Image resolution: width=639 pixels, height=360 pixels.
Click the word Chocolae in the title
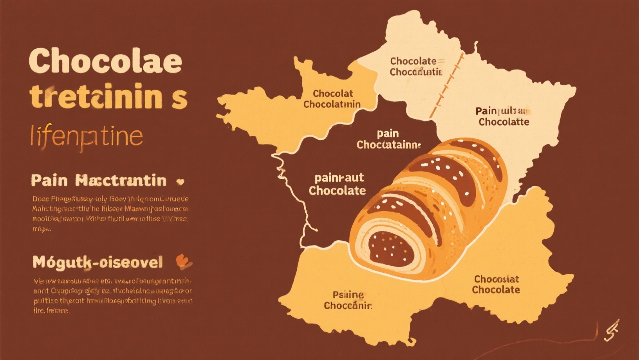[105, 61]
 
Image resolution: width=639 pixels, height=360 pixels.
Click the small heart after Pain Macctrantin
[181, 182]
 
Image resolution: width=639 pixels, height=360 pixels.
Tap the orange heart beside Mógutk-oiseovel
[183, 261]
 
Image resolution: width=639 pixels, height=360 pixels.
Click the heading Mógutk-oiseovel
[97, 262]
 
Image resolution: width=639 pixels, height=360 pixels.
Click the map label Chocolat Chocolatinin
[332, 99]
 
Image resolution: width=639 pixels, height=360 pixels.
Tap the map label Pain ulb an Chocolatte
[504, 116]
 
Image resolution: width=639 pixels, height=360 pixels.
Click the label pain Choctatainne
[388, 139]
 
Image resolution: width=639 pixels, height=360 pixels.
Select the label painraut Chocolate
[338, 184]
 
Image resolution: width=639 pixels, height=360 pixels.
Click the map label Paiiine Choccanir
[348, 300]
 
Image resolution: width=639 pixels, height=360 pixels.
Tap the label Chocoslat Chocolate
[496, 284]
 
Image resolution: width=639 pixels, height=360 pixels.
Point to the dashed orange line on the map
[446, 86]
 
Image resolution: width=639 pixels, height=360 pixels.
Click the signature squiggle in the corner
[611, 330]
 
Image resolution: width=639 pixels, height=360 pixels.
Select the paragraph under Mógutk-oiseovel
[112, 296]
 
